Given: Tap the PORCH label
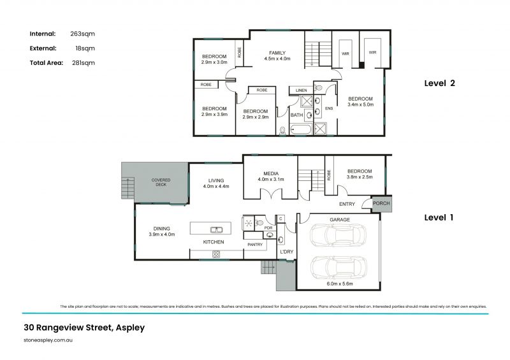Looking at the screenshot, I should coord(381,204).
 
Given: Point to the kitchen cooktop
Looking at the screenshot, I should coord(216,254).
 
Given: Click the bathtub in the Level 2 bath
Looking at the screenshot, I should coord(300,130).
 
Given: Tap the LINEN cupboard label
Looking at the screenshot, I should coord(301,90).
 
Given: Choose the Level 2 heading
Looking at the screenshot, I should coord(439,83).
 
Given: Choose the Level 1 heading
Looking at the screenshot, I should coord(439,217).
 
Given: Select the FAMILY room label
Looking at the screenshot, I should coord(277,52).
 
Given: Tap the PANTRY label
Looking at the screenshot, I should coord(255,244).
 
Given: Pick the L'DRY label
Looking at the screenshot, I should coord(287,252).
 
